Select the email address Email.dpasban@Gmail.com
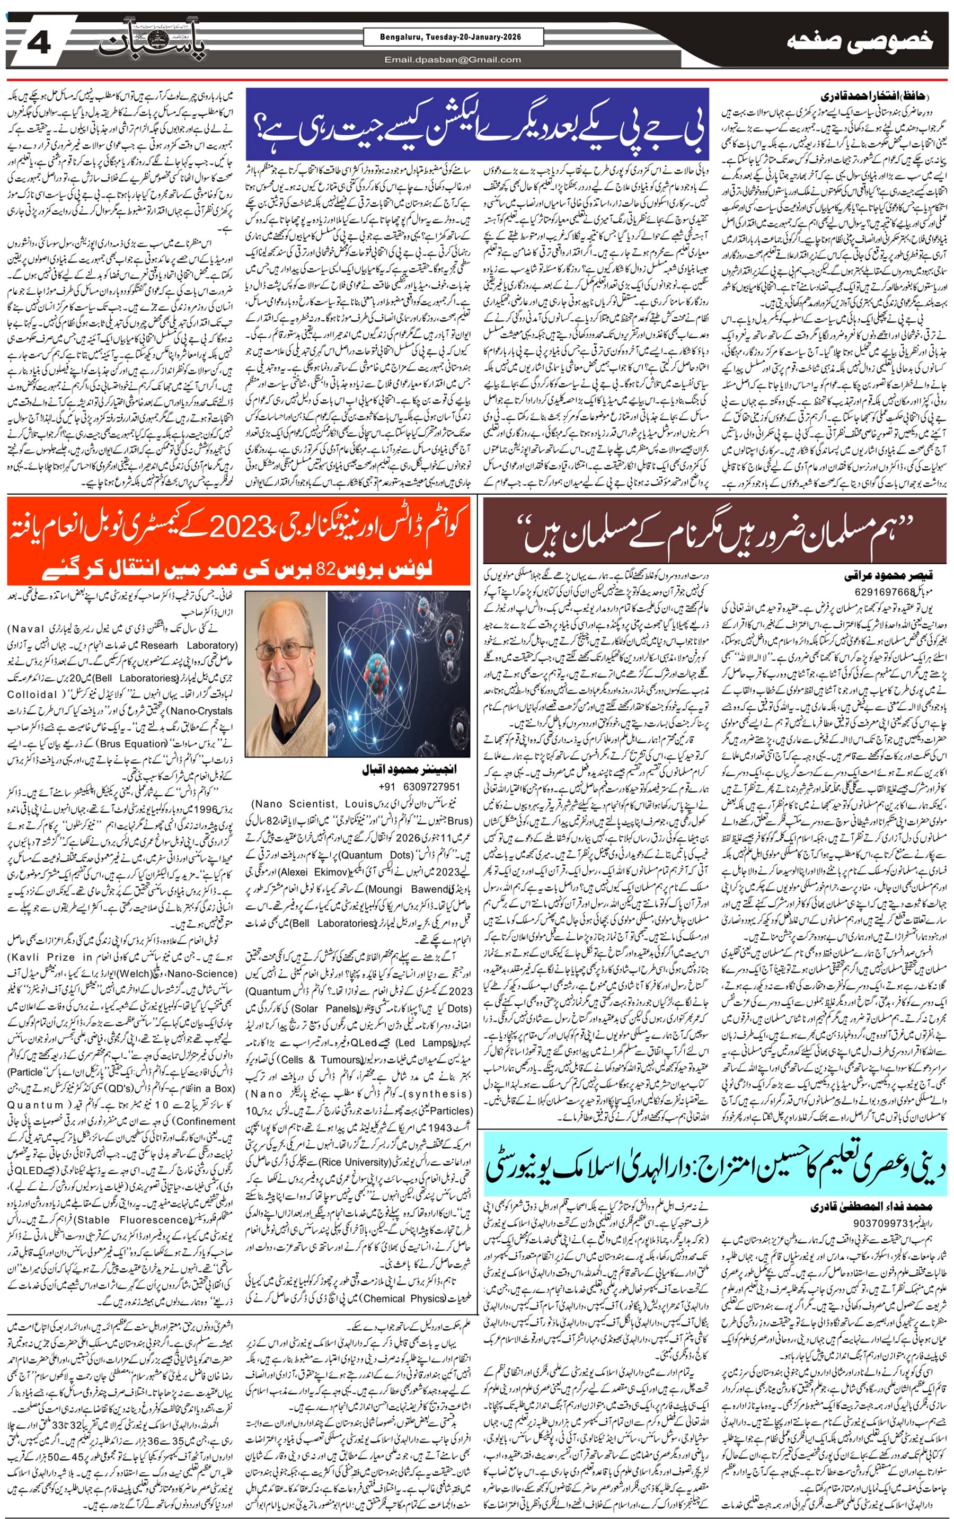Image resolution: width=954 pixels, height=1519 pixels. point(453,60)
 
